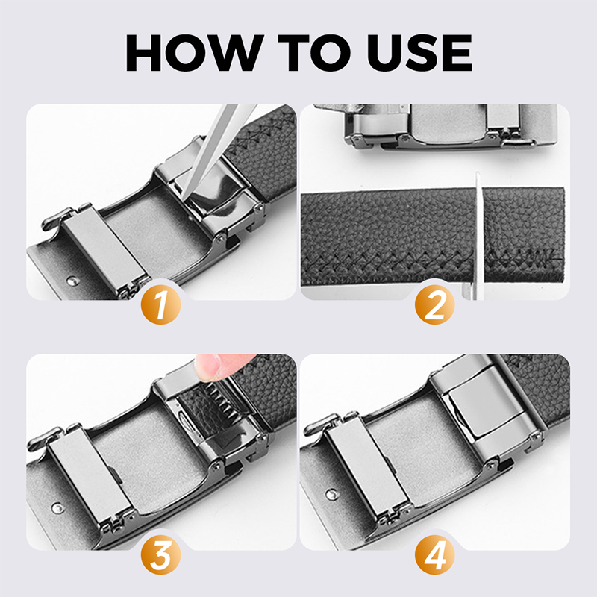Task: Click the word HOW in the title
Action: point(195,52)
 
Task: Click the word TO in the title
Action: point(313,52)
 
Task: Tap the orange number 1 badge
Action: point(161,304)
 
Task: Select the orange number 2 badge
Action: point(435,304)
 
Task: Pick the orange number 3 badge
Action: point(161,554)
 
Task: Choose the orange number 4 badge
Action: point(435,554)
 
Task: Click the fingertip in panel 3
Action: point(210,366)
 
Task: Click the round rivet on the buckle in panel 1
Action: point(72,281)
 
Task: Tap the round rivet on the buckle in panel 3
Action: point(57,507)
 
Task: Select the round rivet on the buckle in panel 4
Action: point(331,495)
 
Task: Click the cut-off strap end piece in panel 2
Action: point(523,234)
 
